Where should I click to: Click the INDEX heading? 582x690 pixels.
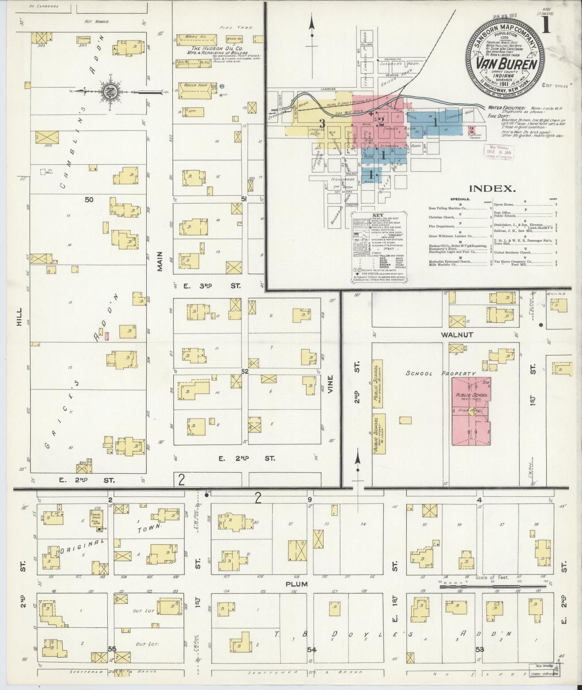click(492, 188)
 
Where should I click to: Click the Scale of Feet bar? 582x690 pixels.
click(493, 587)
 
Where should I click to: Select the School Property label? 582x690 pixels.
click(440, 373)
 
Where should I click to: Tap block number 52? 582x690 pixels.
click(244, 372)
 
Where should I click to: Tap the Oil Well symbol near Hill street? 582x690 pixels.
click(42, 171)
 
